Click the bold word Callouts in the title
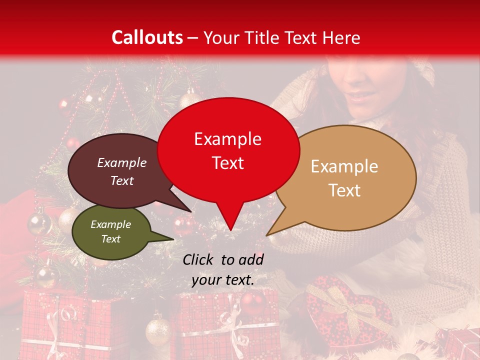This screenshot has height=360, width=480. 147,37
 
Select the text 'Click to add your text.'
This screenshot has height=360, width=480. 223,269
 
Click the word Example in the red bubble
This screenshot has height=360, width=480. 227,139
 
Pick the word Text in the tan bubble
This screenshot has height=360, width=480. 345,190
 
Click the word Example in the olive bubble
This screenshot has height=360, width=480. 110,224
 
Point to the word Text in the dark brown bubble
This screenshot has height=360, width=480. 122,181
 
